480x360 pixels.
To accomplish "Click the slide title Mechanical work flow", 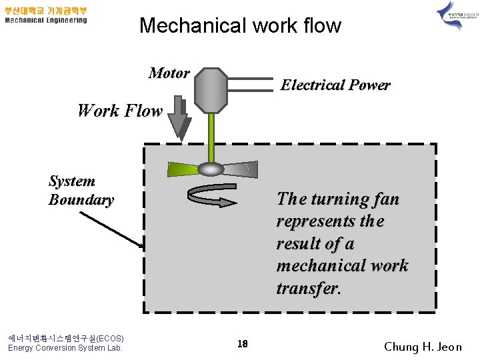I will tap(240, 26).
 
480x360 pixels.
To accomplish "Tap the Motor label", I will tap(169, 73).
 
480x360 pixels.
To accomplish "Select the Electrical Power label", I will tap(335, 85).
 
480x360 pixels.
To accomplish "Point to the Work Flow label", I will tap(120, 111).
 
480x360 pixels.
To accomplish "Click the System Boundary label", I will tap(81, 190).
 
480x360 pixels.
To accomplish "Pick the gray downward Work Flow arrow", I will tap(178, 119).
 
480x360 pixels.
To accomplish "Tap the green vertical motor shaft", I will tap(211, 137).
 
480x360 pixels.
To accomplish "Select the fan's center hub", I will tap(211, 169).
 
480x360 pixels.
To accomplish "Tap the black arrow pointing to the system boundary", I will tap(111, 229).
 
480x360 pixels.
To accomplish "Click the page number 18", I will tap(243, 344).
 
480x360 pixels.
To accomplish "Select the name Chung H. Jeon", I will tap(423, 346).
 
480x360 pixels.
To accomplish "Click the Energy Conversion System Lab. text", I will tap(65, 347).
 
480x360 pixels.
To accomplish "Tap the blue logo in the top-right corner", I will tap(450, 16).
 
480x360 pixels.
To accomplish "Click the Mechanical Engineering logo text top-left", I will tap(46, 20).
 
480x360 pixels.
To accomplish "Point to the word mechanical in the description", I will tap(321, 265).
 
